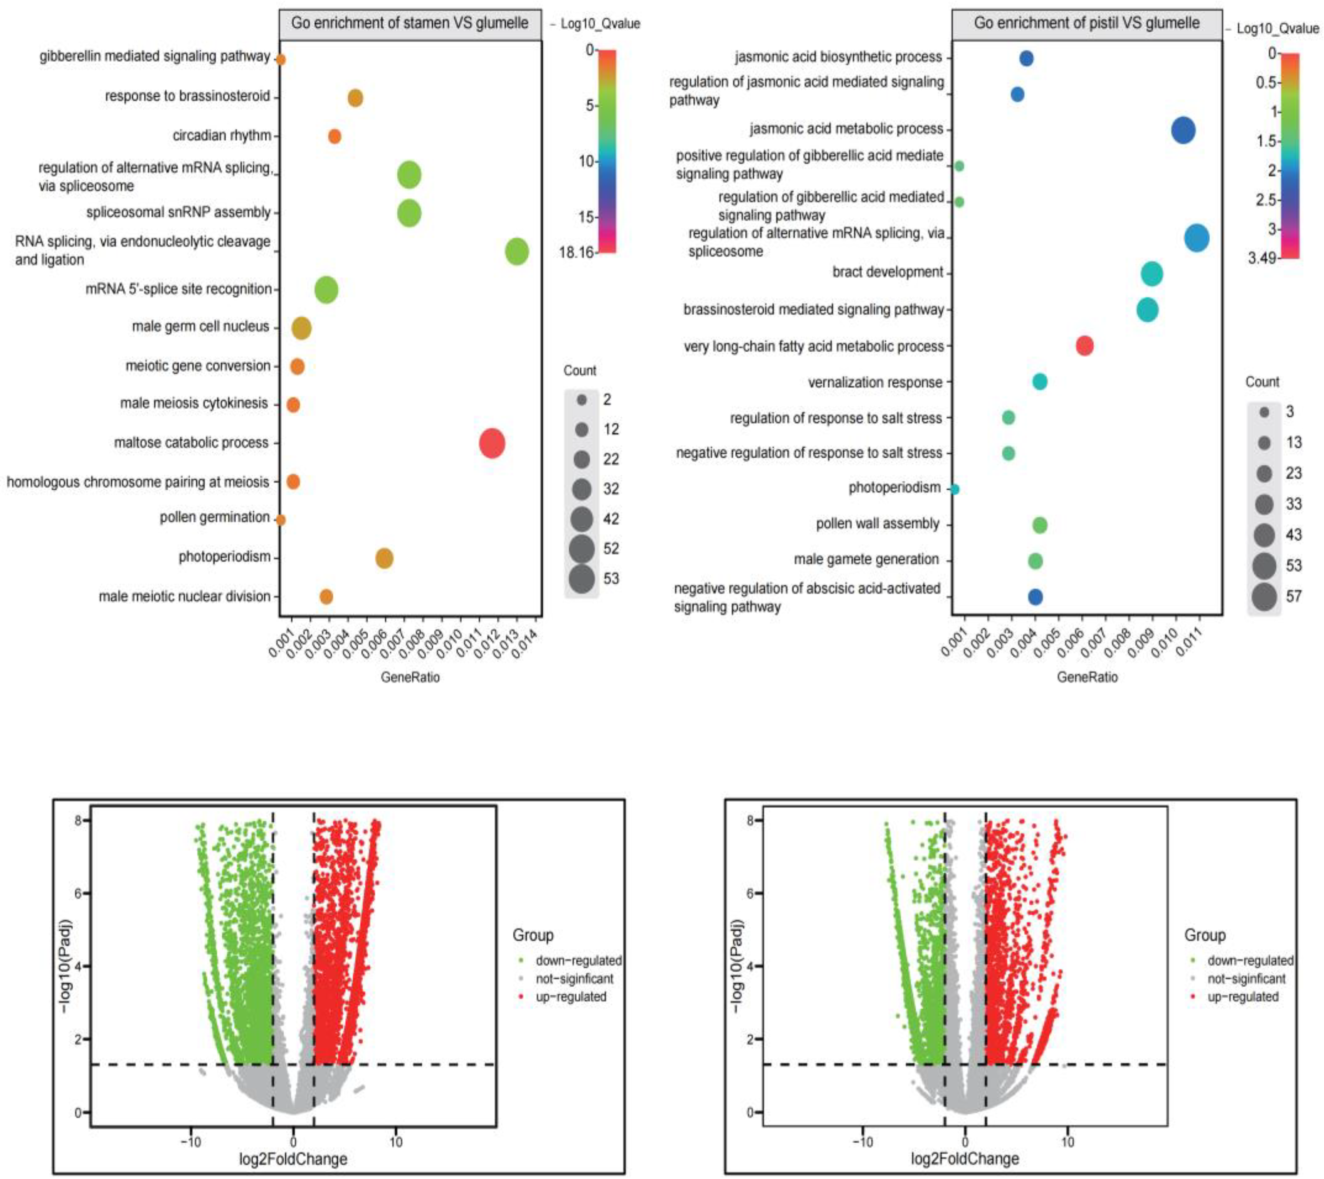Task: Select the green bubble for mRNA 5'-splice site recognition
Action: [327, 290]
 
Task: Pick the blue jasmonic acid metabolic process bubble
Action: [1183, 130]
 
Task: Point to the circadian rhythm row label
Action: [222, 135]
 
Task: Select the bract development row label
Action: [888, 272]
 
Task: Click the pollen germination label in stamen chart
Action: [214, 517]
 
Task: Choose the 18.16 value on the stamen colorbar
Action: [577, 252]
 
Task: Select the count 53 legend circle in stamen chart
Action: [582, 578]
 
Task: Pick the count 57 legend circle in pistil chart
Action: [1264, 596]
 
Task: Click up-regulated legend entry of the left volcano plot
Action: [570, 996]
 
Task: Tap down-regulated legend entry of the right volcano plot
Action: [1250, 960]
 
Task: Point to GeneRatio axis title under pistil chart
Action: [1087, 678]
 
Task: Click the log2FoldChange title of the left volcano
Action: [293, 1158]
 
